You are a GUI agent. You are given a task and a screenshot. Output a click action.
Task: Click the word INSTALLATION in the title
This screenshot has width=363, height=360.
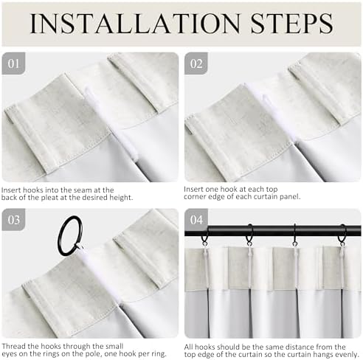[135, 23]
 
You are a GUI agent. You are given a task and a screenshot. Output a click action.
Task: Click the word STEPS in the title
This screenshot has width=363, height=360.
[292, 23]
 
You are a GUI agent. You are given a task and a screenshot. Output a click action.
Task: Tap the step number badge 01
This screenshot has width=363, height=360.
[13, 63]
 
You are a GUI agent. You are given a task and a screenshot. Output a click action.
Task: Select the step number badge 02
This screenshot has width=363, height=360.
[196, 63]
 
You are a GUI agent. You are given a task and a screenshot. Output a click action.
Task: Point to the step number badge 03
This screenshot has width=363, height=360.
[13, 220]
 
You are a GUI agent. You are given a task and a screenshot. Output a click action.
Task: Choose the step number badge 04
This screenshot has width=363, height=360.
[196, 220]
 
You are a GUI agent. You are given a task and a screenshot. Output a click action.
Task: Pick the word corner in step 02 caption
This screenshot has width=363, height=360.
[195, 197]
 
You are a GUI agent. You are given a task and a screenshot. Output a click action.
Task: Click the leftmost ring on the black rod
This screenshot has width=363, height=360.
[204, 238]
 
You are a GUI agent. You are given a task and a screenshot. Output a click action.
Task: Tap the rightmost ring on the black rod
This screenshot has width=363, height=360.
[342, 235]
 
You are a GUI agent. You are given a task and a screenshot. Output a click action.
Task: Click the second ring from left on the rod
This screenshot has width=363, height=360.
[249, 235]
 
